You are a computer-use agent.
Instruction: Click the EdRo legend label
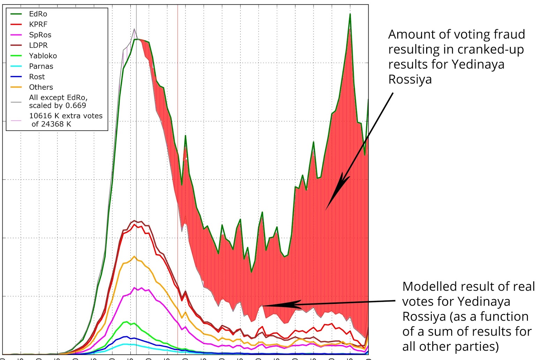click(x=38, y=14)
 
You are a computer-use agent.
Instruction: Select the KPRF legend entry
click(x=38, y=24)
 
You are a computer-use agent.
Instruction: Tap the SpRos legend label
click(x=40, y=35)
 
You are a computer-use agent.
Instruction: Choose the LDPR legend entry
click(x=38, y=45)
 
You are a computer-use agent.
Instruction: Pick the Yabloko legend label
click(x=43, y=56)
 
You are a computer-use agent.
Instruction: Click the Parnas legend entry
click(x=41, y=66)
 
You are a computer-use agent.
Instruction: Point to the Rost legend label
click(x=37, y=77)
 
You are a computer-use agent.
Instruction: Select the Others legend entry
click(x=41, y=87)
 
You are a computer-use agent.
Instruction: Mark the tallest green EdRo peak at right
click(x=350, y=14)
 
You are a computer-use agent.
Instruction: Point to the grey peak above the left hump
click(x=134, y=29)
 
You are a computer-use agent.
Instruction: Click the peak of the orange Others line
click(x=134, y=256)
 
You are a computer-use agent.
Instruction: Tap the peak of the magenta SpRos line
click(x=134, y=288)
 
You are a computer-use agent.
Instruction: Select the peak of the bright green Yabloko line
click(x=127, y=322)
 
